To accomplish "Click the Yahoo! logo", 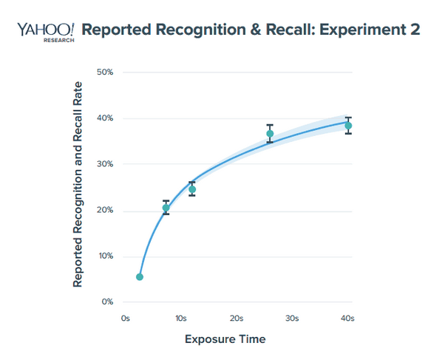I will [45, 30].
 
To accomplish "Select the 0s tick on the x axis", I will [125, 318].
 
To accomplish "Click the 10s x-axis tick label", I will [180, 318].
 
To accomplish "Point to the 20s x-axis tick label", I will [237, 318].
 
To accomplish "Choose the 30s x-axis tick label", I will [292, 318].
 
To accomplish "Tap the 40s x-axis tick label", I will [347, 318].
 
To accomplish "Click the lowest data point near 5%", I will [140, 277].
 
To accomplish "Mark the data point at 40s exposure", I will [348, 126].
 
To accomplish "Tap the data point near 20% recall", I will [166, 208].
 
